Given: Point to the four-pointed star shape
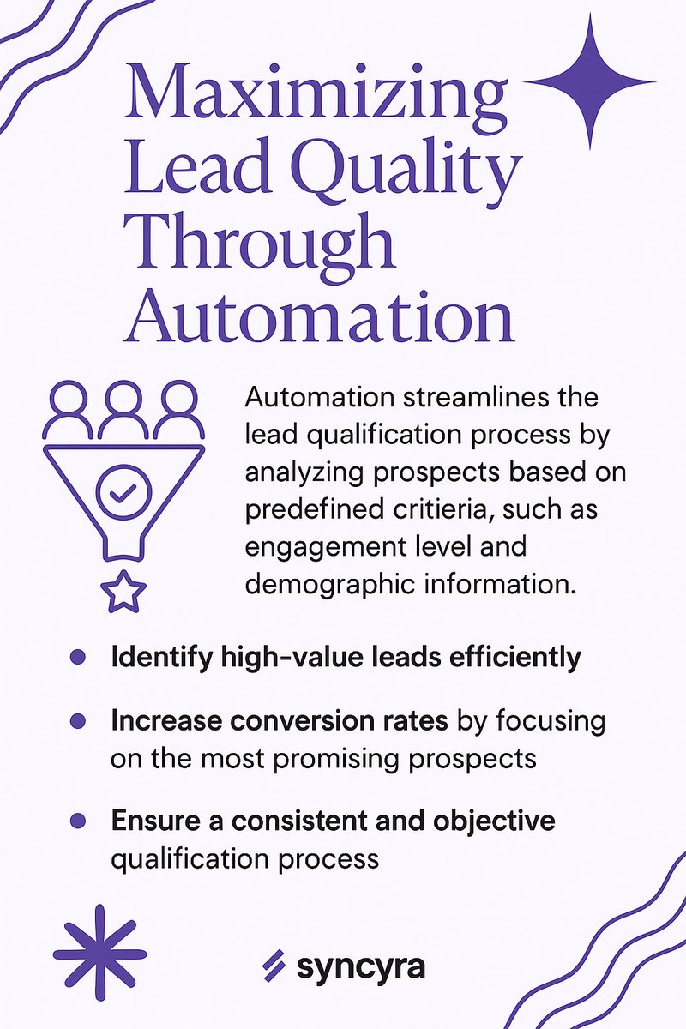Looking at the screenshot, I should pos(590,81).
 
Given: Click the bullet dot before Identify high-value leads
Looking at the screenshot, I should pos(77,658).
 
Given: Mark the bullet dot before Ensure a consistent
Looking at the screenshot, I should pos(77,821).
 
